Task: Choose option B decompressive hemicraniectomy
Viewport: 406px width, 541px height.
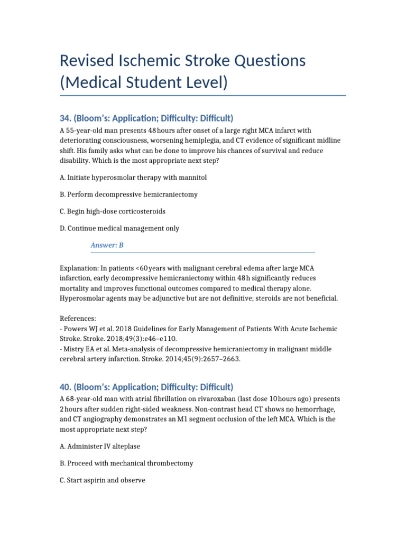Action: click(129, 194)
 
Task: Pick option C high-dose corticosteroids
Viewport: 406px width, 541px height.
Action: click(120, 211)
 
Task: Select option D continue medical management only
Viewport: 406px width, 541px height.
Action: click(119, 228)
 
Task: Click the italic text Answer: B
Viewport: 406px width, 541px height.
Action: click(107, 245)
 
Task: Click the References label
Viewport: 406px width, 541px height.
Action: click(78, 319)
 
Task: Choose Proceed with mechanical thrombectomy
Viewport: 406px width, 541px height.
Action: click(127, 463)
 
